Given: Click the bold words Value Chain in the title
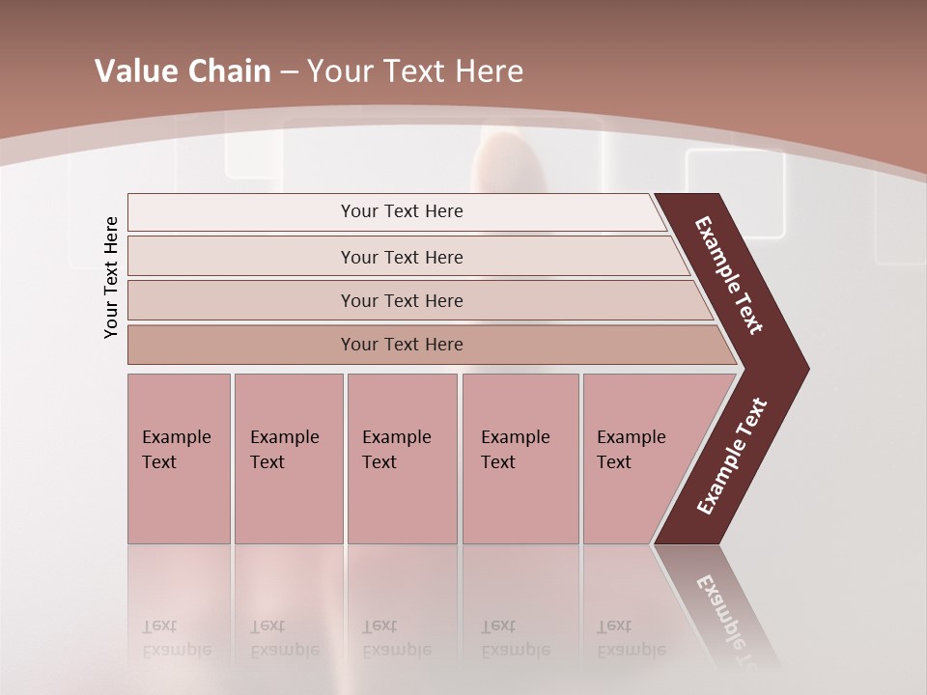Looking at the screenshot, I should click(x=183, y=71).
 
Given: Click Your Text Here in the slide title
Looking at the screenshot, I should click(x=415, y=71).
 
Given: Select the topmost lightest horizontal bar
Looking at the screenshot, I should click(x=241, y=212).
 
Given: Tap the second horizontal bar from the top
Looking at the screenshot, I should click(x=241, y=258).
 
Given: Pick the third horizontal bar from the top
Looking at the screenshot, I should click(x=241, y=301).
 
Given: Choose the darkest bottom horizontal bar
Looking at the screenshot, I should click(x=241, y=345).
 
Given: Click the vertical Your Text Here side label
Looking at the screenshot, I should click(x=111, y=277).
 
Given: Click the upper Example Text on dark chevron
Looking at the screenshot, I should click(x=729, y=275).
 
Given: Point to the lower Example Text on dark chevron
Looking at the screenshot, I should click(x=732, y=457).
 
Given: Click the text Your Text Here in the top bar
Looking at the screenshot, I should click(x=402, y=211).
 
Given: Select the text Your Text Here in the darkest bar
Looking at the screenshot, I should click(x=402, y=345).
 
